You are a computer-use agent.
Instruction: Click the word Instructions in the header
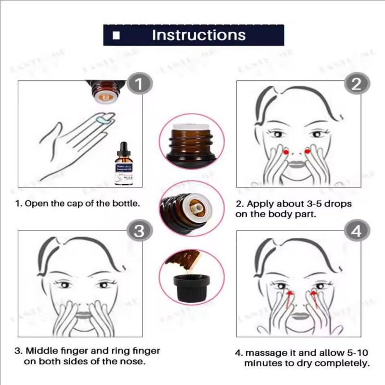(x=198, y=35)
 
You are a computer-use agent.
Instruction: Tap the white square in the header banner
(x=115, y=36)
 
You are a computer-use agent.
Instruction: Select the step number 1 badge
(x=138, y=85)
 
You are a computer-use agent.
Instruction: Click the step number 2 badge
(x=356, y=85)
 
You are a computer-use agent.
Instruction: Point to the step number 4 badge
(x=356, y=231)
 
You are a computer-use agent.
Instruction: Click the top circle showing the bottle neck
(x=192, y=142)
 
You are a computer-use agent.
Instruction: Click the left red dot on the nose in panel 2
(x=286, y=152)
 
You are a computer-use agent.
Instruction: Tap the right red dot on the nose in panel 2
(x=307, y=152)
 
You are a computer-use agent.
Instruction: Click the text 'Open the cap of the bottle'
(x=82, y=204)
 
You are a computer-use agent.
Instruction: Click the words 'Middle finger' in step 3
(x=53, y=351)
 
